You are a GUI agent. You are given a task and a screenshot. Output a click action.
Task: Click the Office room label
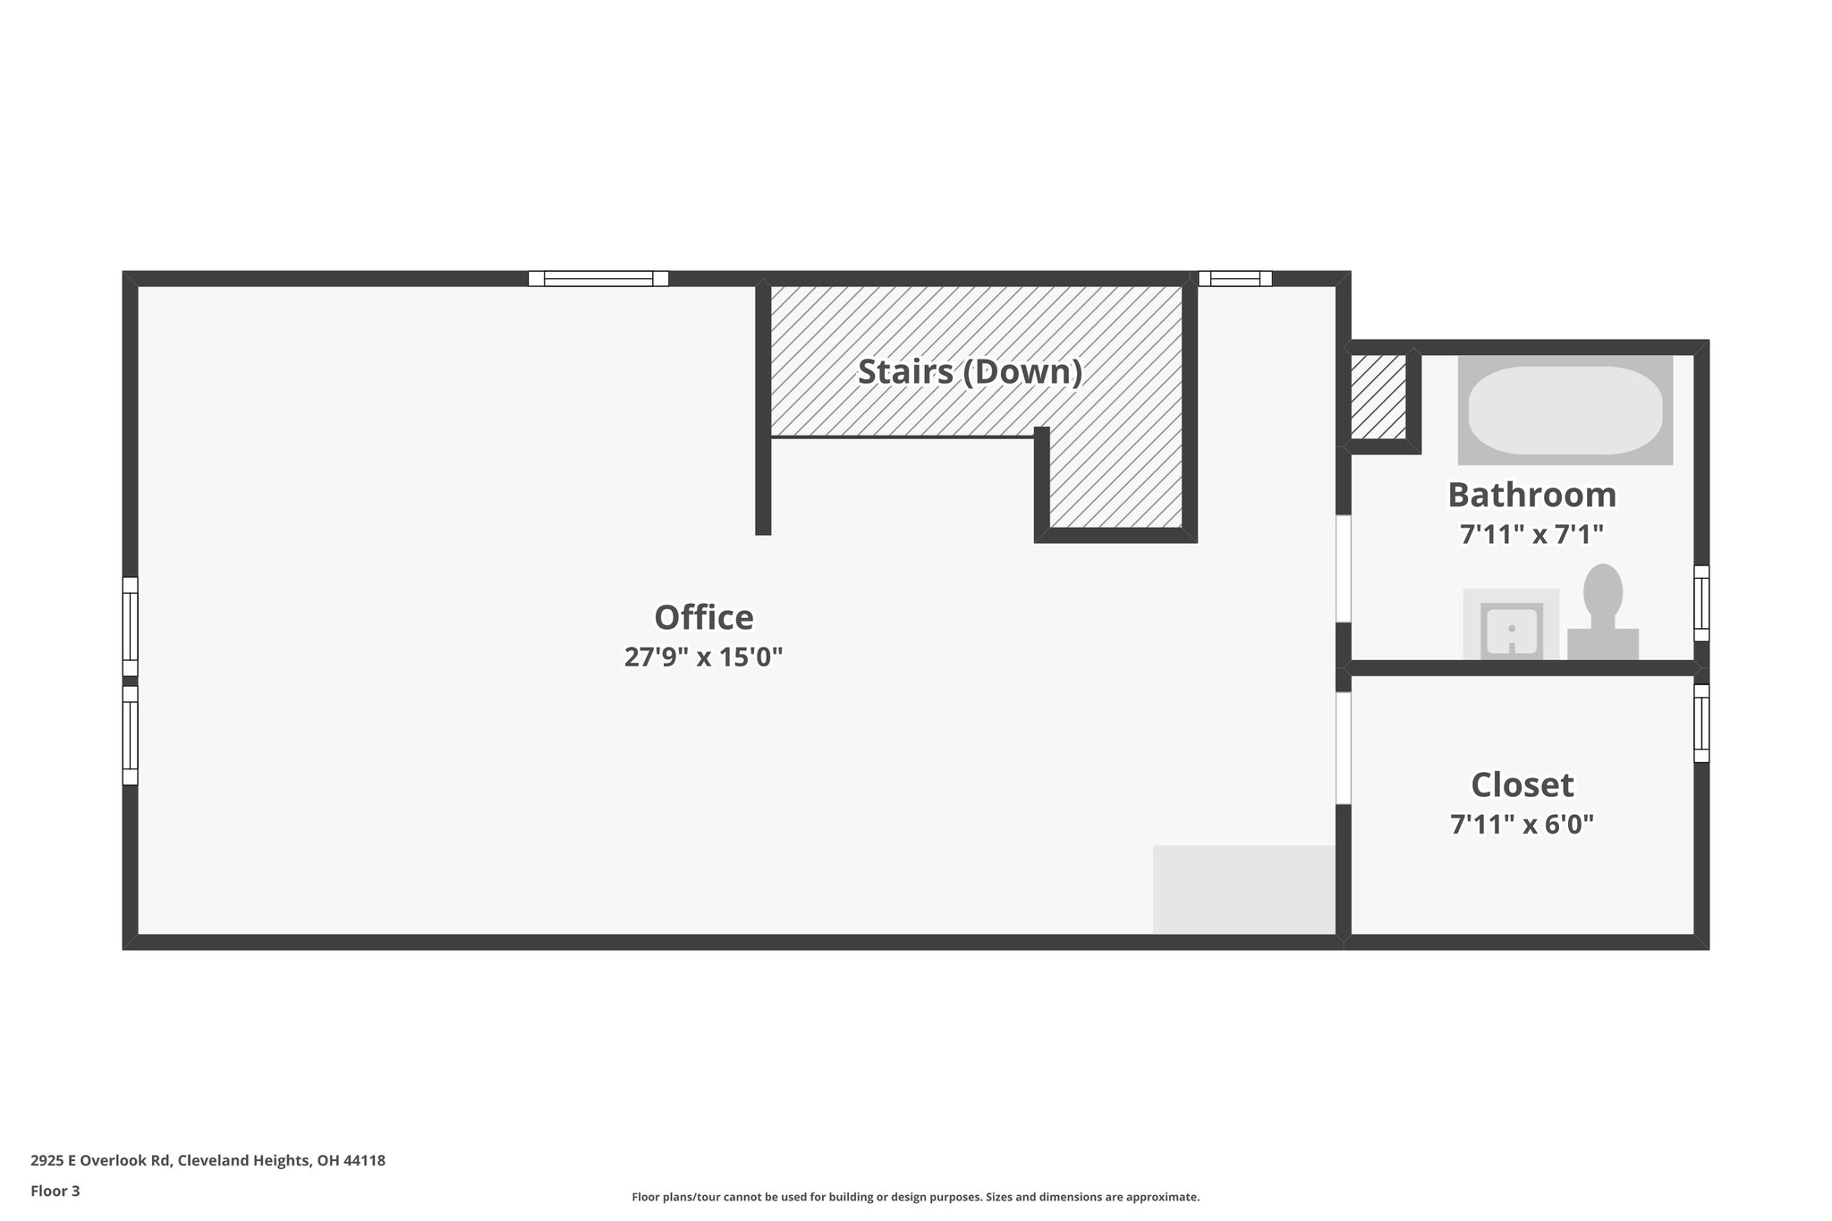click(x=704, y=617)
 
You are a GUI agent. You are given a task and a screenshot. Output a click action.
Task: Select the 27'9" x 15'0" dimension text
click(x=704, y=657)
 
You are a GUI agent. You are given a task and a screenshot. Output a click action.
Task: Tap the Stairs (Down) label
click(x=970, y=371)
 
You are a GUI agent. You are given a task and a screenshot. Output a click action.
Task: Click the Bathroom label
click(x=1531, y=495)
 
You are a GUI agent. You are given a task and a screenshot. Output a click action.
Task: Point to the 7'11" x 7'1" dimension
click(x=1531, y=535)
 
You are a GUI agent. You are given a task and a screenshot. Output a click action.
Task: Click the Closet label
click(x=1522, y=784)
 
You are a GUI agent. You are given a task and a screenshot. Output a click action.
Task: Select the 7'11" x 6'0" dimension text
click(x=1522, y=824)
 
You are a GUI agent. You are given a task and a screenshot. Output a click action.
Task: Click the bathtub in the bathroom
click(x=1565, y=410)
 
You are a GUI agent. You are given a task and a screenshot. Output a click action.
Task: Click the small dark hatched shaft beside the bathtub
click(x=1378, y=397)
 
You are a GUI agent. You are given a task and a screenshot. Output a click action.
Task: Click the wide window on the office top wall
click(x=598, y=278)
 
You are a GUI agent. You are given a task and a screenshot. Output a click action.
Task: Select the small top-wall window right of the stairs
click(x=1234, y=278)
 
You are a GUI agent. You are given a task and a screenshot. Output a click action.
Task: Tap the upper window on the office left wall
click(x=130, y=626)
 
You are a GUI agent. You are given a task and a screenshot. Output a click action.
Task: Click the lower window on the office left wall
click(x=130, y=735)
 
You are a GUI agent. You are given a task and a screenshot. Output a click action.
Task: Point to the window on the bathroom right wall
click(x=1701, y=603)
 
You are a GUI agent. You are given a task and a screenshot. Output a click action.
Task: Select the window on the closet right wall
click(x=1701, y=723)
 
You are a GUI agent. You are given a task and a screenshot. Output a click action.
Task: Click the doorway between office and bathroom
click(x=1343, y=568)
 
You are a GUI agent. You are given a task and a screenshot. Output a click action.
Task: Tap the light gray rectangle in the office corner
click(x=1243, y=889)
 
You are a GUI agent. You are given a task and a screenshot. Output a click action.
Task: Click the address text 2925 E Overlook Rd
click(x=208, y=1160)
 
